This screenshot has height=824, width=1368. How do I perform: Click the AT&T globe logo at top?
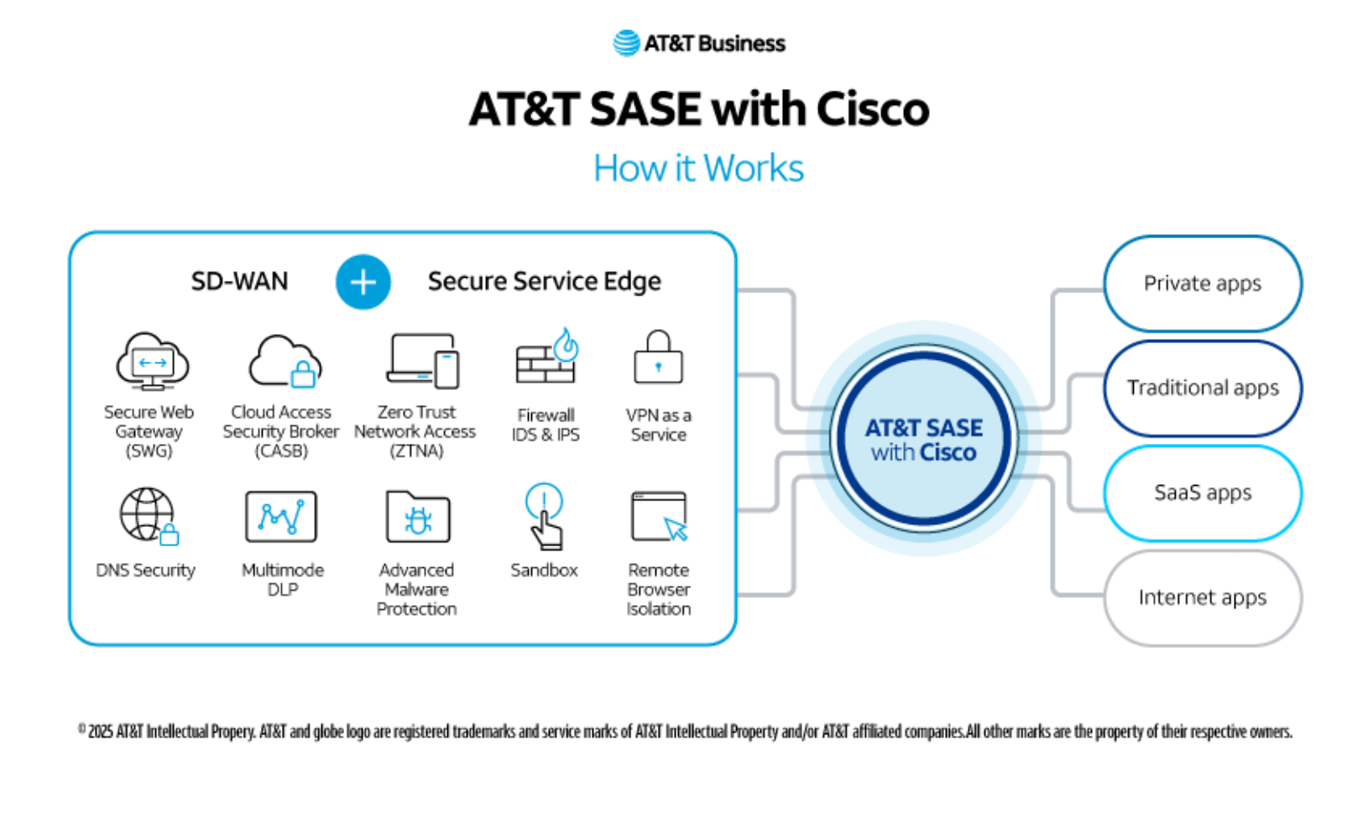coord(626,43)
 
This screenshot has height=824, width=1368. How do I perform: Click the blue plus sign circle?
coord(363,282)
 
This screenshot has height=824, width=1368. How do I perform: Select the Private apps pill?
coord(1202,284)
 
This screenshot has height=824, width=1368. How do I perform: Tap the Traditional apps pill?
coord(1202,388)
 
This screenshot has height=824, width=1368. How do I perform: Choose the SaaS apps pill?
coord(1202,493)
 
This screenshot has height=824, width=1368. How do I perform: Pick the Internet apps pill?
coord(1202,597)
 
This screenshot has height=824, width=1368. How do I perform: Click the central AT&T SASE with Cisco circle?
coord(923,439)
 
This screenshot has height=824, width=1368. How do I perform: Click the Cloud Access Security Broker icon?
coord(285,362)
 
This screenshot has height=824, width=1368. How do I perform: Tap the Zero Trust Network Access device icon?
coord(423,362)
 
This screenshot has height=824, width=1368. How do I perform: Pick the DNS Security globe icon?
coord(149,515)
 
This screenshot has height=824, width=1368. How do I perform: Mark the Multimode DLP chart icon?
coord(281,517)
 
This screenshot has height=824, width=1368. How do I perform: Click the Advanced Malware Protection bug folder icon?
coord(417,517)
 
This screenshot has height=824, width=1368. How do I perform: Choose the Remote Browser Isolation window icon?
coord(660,517)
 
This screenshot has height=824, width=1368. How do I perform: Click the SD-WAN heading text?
coord(239,281)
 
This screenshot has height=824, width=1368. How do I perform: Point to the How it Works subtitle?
coord(698,168)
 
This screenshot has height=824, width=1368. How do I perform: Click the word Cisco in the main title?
coord(872,109)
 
